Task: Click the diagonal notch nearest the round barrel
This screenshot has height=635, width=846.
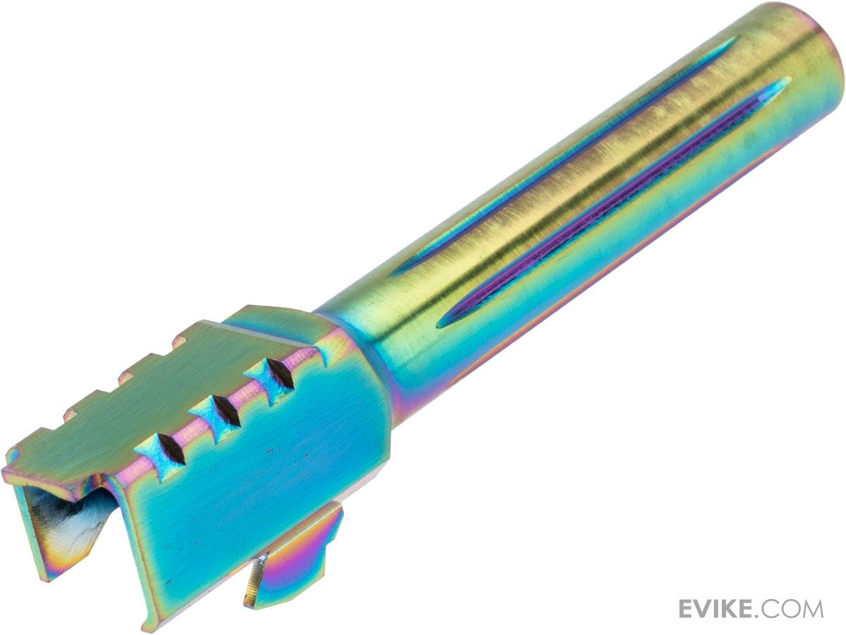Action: pyautogui.click(x=280, y=374)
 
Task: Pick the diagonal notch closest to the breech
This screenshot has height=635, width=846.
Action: pyautogui.click(x=171, y=449)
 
